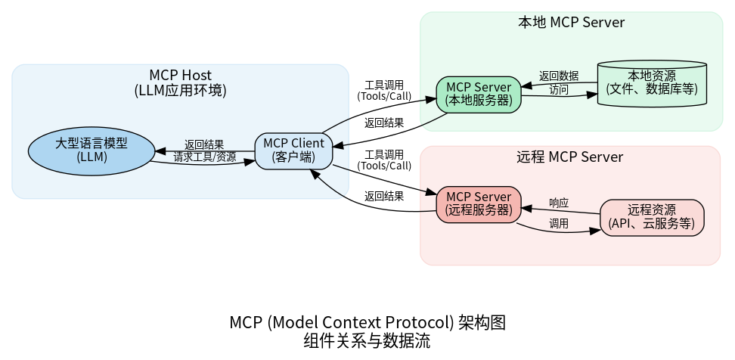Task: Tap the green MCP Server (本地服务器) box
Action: tap(479, 94)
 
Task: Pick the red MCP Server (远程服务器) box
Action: tap(479, 204)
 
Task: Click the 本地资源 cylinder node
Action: tap(652, 84)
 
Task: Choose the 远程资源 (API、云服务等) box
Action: tap(652, 217)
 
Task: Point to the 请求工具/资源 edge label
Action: tap(204, 157)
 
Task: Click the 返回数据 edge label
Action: tap(559, 76)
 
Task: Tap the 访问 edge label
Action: tap(559, 90)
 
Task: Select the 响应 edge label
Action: tap(559, 203)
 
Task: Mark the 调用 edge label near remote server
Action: tap(559, 224)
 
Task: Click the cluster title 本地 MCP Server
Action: tap(571, 23)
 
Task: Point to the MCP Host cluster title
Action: tap(180, 76)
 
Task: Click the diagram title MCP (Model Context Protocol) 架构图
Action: tap(367, 323)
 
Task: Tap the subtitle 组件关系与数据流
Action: tap(367, 341)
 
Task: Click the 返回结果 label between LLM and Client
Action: tap(204, 144)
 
